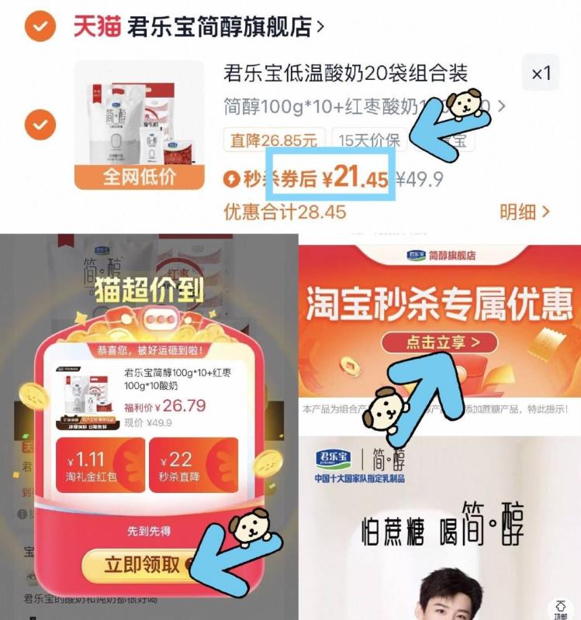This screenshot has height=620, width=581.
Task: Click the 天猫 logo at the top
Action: (x=98, y=26)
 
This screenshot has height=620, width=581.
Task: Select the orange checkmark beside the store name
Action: (x=40, y=26)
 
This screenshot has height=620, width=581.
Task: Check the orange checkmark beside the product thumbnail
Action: (x=40, y=123)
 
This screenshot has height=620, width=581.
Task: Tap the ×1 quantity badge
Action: (x=541, y=74)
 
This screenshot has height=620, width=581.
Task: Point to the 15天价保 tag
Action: (x=370, y=140)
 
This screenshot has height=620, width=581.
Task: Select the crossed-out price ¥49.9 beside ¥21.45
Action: (x=420, y=180)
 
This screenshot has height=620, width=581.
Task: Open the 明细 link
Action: (x=524, y=211)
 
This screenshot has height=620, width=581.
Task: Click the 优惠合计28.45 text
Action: (x=285, y=211)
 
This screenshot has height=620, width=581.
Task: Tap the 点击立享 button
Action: (x=440, y=341)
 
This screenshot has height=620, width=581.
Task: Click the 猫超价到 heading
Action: (x=149, y=289)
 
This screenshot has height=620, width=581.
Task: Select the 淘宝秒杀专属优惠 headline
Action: (x=440, y=305)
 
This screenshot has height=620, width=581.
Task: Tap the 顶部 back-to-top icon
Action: (x=559, y=608)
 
